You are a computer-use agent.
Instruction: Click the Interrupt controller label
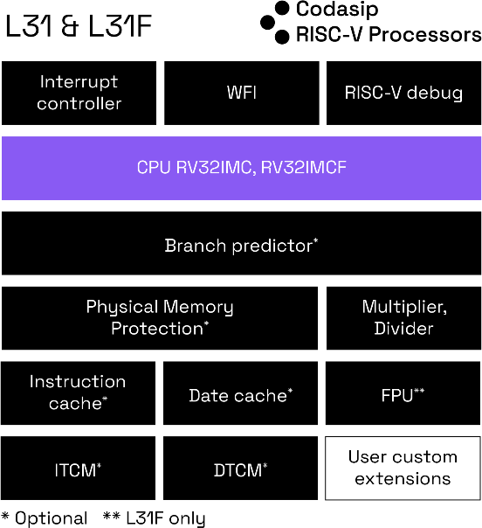point(79,93)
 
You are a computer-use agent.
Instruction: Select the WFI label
point(241,93)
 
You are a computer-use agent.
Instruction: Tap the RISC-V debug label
point(403,93)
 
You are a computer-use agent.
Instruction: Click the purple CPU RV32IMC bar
point(241,168)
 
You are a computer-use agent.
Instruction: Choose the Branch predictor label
point(239,246)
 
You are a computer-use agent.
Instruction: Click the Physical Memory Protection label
point(159,318)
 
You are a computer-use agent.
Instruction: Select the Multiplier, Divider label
point(403,318)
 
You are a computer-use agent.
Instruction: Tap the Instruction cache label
point(77,393)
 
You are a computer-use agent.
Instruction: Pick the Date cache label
point(238,396)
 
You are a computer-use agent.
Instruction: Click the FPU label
point(400,396)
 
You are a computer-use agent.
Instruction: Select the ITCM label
point(75,471)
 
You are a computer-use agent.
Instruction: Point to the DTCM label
point(238,471)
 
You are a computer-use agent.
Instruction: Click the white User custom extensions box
point(403,468)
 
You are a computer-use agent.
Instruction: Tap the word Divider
point(403,330)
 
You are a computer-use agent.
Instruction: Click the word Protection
point(156,330)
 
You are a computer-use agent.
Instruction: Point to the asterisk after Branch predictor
point(315,241)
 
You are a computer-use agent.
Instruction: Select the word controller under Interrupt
point(79,104)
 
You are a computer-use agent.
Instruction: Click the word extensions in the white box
point(403,479)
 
